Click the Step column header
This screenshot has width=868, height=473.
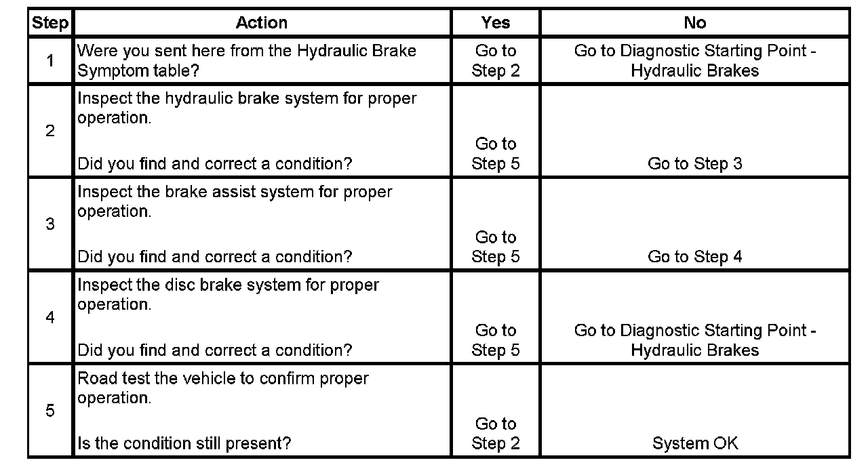(50, 23)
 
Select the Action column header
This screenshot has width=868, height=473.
(261, 23)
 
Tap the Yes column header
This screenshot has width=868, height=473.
(495, 23)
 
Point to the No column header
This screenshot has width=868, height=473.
(694, 23)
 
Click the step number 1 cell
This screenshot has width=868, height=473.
(50, 60)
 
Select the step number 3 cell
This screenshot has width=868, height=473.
(50, 224)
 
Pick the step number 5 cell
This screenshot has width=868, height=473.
(50, 411)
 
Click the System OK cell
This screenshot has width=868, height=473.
(694, 444)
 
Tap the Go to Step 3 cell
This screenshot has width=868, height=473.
(694, 164)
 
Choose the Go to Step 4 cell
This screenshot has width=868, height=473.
(694, 257)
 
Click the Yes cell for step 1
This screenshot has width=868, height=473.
(495, 60)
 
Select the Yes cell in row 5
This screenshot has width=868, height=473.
(495, 434)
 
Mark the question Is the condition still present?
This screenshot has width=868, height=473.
(184, 444)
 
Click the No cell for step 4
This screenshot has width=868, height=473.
(694, 340)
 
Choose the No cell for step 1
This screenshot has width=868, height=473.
(694, 60)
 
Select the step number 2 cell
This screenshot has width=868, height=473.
(50, 131)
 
